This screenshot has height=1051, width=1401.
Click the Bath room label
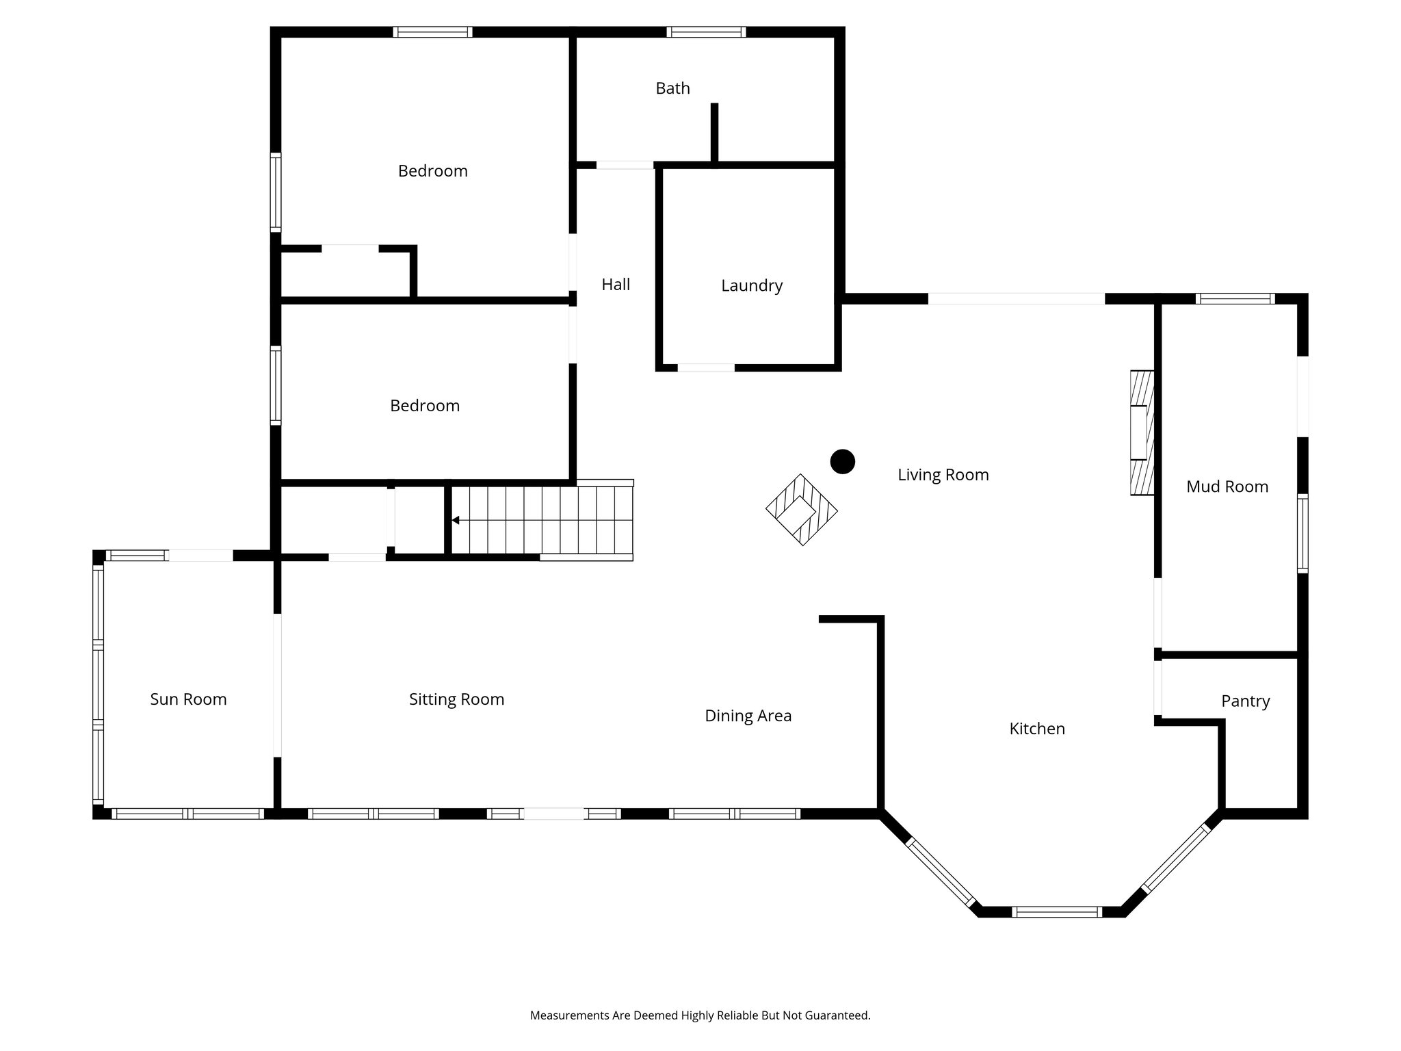(672, 88)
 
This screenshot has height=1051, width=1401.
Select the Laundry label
(751, 285)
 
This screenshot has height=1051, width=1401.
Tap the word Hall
(616, 285)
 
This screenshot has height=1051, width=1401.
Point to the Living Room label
(943, 475)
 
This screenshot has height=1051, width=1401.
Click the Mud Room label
(1227, 486)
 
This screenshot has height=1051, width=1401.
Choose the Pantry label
(1245, 701)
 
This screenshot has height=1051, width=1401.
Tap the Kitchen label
(1036, 729)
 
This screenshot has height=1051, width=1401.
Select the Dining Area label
(748, 716)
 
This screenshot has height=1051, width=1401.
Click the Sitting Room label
(456, 699)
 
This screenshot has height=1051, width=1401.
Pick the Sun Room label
(188, 699)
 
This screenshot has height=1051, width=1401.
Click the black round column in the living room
(842, 461)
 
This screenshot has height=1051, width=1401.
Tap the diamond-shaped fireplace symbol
(801, 510)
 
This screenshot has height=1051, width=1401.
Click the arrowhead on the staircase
(455, 521)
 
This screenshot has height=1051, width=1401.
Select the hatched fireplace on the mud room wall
(1141, 432)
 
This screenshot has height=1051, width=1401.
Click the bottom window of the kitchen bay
(1056, 911)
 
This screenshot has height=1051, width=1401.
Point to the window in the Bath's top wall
(705, 31)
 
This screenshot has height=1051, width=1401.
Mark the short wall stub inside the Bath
(713, 133)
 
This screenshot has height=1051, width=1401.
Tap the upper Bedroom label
(432, 171)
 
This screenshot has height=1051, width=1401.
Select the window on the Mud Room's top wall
(1234, 298)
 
